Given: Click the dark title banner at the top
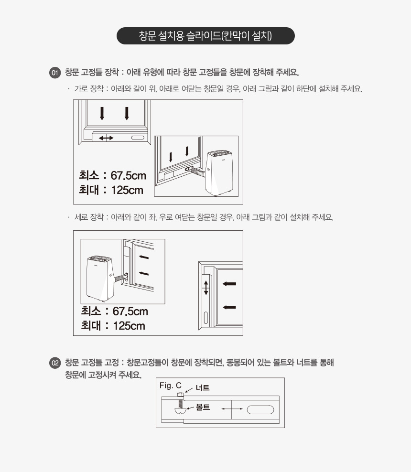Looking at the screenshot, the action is (205, 36).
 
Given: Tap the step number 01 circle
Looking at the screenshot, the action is (55, 73).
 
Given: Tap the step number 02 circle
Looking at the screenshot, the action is (55, 363).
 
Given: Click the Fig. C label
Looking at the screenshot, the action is (171, 386).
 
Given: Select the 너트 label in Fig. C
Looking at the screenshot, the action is (202, 388).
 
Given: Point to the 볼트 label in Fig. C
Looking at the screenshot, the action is (203, 407).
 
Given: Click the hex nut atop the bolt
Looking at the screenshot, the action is (180, 395).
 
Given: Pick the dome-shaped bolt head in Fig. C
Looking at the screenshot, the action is (180, 411).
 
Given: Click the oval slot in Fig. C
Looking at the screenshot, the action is (260, 410).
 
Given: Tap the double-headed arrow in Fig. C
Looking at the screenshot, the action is (232, 409).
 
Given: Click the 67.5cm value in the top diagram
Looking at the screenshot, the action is (128, 175).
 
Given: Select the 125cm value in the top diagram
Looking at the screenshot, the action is (127, 190).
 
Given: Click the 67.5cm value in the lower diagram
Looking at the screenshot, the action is (130, 311).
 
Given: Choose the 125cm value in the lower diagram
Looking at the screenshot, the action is (129, 326).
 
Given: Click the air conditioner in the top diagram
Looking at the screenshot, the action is (219, 173).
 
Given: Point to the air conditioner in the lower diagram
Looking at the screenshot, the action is (100, 279).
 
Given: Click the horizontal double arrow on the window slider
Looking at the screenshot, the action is (106, 138).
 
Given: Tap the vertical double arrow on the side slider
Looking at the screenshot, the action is (206, 288).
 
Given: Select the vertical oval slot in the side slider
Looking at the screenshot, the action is (206, 318).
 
